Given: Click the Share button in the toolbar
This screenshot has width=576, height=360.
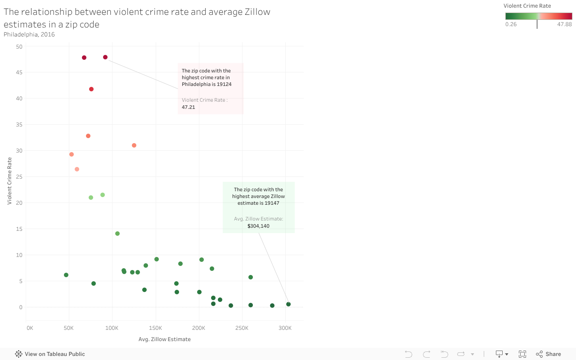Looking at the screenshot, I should (x=549, y=354).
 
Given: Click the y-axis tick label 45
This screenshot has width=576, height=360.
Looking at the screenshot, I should (x=19, y=72).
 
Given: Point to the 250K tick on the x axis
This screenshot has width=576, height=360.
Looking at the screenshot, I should (x=242, y=328).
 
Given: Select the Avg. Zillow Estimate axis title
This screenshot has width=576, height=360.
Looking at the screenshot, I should (x=164, y=339).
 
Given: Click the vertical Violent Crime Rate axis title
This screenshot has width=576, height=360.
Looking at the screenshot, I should (x=9, y=181).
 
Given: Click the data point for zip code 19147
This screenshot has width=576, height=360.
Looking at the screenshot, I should (x=288, y=304).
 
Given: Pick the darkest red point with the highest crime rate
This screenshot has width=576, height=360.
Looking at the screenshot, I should (x=105, y=57).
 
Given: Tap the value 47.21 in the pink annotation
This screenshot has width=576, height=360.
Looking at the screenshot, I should (x=188, y=107).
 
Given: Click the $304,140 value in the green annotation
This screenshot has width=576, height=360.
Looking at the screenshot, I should (x=258, y=226).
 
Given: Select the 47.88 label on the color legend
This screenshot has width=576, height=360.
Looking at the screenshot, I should (x=564, y=24).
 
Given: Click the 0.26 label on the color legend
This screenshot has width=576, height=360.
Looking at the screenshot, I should (x=511, y=24).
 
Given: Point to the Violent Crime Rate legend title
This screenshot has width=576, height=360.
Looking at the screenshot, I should (x=527, y=6).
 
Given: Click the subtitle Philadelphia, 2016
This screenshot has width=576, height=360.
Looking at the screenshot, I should (x=29, y=34).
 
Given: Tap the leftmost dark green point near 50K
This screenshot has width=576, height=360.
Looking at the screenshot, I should (x=66, y=275).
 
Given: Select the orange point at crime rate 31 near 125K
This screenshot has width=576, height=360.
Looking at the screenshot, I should (x=134, y=145).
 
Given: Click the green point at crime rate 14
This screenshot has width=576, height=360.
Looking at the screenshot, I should (x=117, y=234).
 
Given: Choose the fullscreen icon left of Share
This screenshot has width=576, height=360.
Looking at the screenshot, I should (x=522, y=354).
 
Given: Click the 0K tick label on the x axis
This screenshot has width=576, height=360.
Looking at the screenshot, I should (x=30, y=328).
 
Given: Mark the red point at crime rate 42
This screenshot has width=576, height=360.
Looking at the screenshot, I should (x=91, y=89).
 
